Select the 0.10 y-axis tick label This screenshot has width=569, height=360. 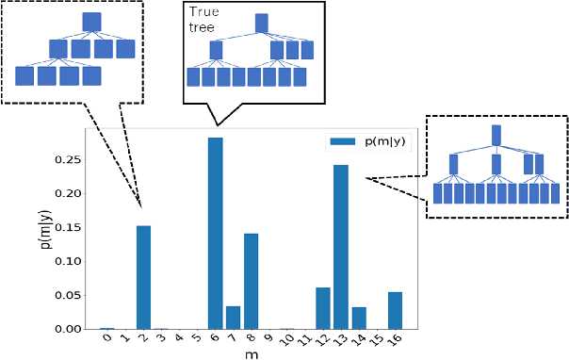coord(69,261)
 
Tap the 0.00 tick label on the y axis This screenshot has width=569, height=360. coord(69,329)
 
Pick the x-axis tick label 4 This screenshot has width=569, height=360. coord(179,338)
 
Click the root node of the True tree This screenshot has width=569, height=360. coord(262,21)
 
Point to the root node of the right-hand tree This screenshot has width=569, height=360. coord(496,134)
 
